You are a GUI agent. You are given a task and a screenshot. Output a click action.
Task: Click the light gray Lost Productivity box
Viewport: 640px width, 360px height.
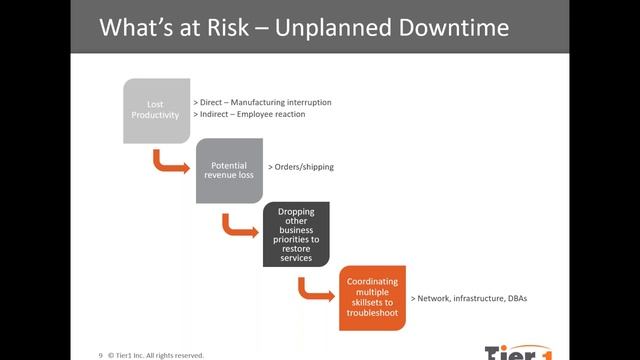[156, 109]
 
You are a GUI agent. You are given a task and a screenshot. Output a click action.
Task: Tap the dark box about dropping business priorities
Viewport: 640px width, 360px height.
[296, 234]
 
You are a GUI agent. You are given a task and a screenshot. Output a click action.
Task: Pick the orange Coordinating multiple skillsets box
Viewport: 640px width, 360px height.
[371, 298]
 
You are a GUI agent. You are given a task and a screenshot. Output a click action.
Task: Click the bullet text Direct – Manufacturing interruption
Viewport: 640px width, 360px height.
[261, 102]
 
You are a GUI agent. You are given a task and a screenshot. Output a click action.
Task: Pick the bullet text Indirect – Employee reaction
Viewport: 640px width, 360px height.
[249, 115]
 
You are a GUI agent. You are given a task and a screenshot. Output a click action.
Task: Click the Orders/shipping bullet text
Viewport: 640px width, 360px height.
[301, 167]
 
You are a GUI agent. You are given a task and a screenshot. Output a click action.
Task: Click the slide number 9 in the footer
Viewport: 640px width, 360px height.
[100, 354]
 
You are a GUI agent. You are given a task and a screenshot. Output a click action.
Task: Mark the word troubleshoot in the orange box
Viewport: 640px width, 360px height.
[371, 312]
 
